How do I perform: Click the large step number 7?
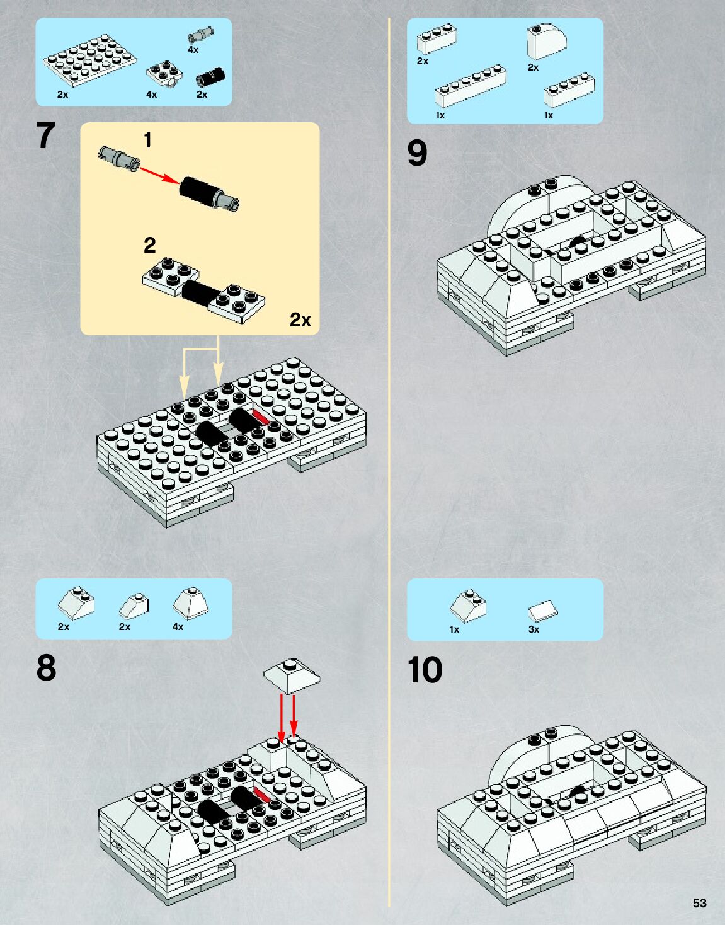[x=45, y=135]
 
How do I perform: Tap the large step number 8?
[x=46, y=668]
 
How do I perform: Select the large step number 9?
[x=417, y=153]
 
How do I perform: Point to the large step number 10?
[x=425, y=670]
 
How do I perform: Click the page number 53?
[x=699, y=903]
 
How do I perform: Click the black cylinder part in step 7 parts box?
[x=210, y=77]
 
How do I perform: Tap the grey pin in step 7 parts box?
[x=200, y=34]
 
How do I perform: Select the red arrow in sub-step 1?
[x=159, y=175]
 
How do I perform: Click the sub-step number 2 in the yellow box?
[x=149, y=245]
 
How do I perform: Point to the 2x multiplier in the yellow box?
[x=300, y=320]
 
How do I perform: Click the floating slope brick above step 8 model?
[x=291, y=675]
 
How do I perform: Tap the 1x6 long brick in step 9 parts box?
[x=471, y=86]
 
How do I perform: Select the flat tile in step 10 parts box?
[x=543, y=610]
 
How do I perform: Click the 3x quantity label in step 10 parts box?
[x=534, y=629]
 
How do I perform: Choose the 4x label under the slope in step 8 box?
[x=178, y=627]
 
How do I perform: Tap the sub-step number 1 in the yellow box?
[x=147, y=140]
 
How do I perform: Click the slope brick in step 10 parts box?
[x=468, y=606]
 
